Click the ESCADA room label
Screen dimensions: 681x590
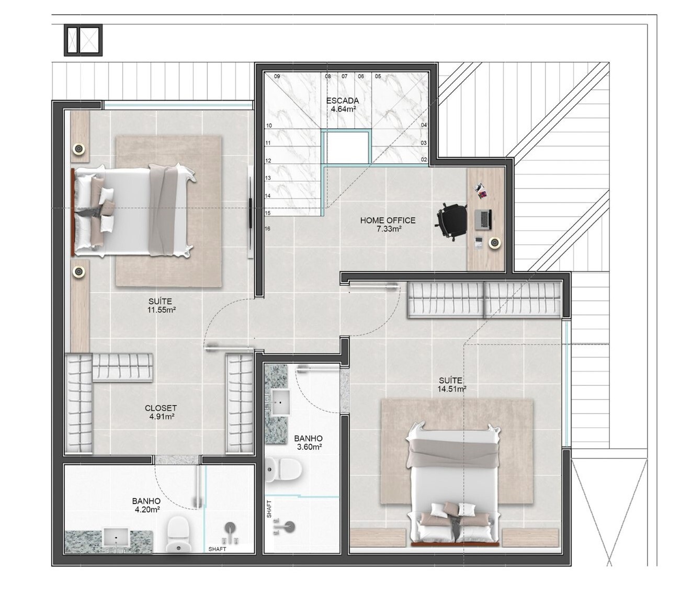342,101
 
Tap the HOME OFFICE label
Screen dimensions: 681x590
388,220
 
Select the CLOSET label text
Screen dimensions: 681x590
161,408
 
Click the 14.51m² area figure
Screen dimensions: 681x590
452,389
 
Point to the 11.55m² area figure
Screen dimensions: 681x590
162,310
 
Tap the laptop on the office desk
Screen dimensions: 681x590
483,219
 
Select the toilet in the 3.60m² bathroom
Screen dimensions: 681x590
283,469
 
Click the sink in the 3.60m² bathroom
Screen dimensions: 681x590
280,403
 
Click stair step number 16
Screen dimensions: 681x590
267,229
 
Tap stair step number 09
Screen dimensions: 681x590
277,76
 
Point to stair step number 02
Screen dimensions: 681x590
424,160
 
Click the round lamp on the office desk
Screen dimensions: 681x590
494,243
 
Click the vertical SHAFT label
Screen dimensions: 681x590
269,509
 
